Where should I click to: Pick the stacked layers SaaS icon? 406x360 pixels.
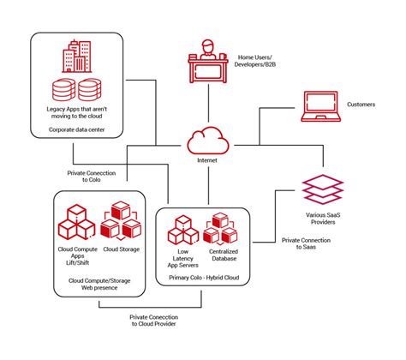coord(322,187)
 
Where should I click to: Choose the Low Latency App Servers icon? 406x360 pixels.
coord(182,230)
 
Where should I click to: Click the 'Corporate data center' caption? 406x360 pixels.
coord(75,132)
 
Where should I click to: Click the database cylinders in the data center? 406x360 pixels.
coord(75,90)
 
